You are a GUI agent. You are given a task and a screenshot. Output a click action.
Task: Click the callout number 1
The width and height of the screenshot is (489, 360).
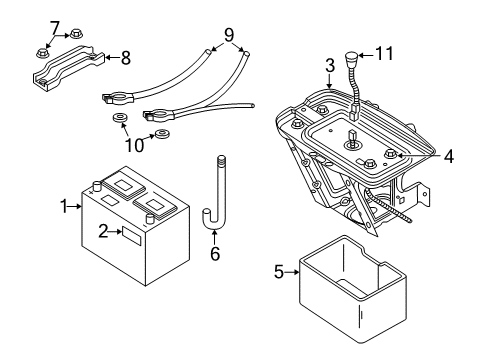pyautogui.click(x=64, y=206)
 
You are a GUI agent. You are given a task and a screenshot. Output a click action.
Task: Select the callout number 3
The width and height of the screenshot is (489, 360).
pyautogui.click(x=328, y=66)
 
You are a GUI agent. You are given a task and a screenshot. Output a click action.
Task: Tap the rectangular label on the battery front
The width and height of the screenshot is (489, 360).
pyautogui.click(x=130, y=235)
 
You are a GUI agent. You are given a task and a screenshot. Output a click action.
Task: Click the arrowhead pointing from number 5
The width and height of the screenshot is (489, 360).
pyautogui.click(x=298, y=270)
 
